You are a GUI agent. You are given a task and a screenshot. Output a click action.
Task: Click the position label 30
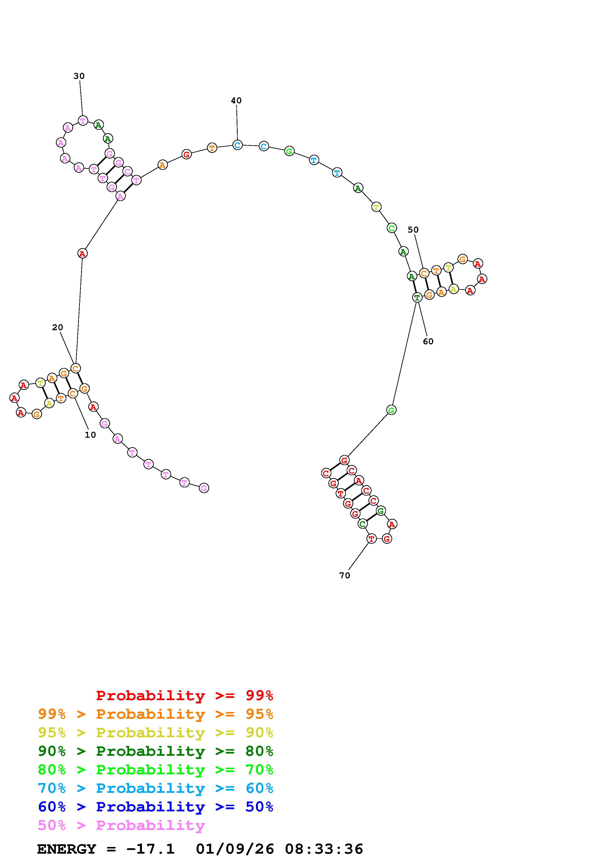click(79, 76)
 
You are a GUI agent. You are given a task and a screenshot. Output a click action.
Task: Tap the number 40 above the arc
click(236, 100)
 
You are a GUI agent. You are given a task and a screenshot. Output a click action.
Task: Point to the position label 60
click(428, 341)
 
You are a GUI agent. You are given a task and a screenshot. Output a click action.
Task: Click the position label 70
click(344, 575)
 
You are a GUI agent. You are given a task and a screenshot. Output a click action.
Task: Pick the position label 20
click(57, 327)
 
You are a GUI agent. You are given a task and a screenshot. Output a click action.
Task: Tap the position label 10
click(90, 435)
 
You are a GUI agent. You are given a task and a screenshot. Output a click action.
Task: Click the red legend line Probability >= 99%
click(185, 695)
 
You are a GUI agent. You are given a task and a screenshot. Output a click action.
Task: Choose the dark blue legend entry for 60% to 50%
click(156, 807)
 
